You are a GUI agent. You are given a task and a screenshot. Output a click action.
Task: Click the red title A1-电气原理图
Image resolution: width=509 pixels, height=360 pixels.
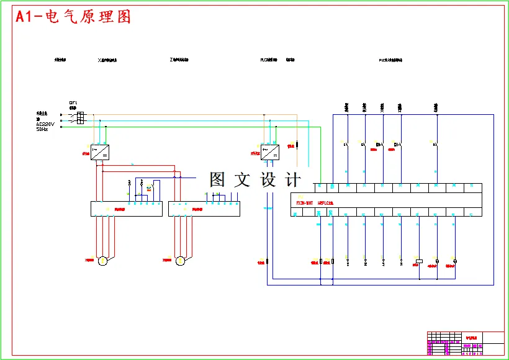click(73, 17)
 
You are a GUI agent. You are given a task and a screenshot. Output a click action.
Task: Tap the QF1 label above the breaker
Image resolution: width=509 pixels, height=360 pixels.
click(73, 102)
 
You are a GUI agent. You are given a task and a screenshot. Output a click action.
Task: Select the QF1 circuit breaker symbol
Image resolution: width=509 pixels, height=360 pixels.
click(80, 118)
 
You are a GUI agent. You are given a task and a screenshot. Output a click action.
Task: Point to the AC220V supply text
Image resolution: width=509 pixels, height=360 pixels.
click(45, 124)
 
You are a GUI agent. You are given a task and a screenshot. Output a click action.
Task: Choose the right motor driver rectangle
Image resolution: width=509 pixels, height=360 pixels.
click(204, 209)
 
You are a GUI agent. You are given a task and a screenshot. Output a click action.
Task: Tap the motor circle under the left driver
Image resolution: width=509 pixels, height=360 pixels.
click(103, 261)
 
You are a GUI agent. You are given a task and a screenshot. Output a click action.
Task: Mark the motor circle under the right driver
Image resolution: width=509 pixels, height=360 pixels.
click(181, 261)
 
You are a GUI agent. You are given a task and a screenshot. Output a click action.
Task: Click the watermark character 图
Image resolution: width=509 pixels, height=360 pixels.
click(217, 180)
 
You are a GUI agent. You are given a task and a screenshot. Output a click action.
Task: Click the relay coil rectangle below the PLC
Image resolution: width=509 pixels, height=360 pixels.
click(419, 261)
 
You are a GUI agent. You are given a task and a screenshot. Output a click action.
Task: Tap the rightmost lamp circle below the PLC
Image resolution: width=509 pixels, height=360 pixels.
click(455, 261)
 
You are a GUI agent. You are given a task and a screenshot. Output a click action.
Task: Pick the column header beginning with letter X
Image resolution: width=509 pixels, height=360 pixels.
click(108, 61)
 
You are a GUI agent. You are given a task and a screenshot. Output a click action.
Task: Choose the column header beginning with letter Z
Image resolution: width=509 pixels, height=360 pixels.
click(179, 61)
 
